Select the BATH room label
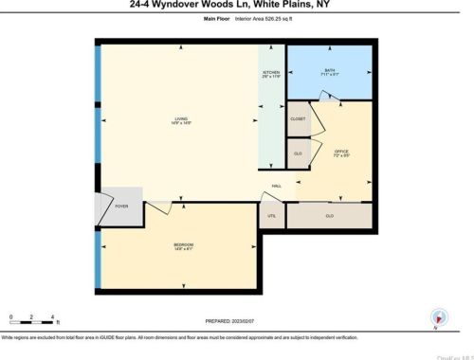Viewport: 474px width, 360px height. (x=329, y=70)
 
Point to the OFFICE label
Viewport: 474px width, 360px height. (x=341, y=152)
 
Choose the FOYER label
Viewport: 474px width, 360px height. (x=121, y=206)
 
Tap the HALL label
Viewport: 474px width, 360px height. (x=277, y=186)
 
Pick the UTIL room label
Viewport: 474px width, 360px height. (x=271, y=215)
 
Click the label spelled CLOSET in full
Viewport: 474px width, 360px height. (x=298, y=118)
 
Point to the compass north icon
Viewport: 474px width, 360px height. (x=437, y=319)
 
